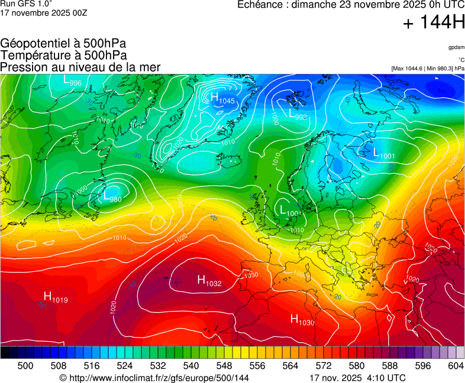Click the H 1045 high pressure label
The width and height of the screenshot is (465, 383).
222,99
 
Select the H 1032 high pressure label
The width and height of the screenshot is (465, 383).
209,281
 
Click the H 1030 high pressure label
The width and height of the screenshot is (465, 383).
302,320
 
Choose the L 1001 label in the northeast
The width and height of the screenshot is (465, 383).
384,154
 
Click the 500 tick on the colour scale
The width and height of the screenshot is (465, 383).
25,366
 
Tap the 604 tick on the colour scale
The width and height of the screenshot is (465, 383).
456,366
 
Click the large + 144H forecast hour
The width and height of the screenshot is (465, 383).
433,24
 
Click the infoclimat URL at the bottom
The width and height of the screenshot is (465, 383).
154,378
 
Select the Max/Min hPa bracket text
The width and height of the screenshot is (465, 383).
428,69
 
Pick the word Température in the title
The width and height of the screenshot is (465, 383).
34,55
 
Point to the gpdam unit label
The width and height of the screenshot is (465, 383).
456,47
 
